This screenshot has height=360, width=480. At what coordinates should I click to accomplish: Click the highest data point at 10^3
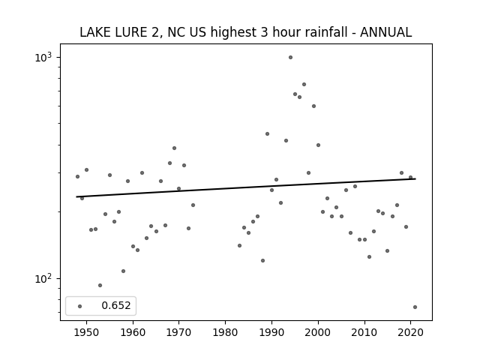[x=290, y=58]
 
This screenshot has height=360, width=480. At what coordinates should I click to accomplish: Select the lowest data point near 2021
[x=415, y=307]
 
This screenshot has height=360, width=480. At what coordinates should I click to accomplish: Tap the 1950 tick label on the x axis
[x=87, y=332]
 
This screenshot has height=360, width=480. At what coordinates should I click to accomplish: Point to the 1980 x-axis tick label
[x=225, y=332]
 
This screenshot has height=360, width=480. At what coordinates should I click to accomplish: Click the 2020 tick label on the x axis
[x=410, y=332]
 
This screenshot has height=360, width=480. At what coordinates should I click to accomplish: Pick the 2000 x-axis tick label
[x=318, y=332]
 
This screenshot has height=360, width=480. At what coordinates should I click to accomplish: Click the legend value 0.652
[x=116, y=305]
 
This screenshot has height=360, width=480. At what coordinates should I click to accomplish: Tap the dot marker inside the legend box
[x=80, y=306]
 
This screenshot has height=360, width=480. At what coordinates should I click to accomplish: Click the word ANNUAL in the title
[x=385, y=32]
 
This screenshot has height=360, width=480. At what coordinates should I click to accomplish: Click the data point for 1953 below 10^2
[x=100, y=285]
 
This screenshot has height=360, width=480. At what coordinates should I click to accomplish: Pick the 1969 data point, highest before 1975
[x=174, y=148]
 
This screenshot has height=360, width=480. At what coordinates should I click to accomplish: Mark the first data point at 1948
[x=77, y=177]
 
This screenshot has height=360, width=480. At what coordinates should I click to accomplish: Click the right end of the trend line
[x=415, y=178]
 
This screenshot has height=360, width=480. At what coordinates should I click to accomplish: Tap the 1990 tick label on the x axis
[x=271, y=332]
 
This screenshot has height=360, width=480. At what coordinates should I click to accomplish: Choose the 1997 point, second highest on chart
[x=304, y=85]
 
